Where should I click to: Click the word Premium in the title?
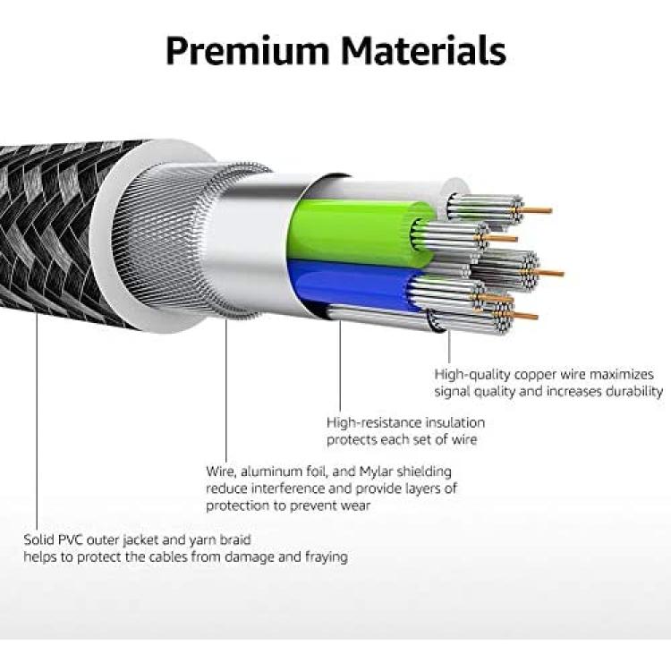coord(248,51)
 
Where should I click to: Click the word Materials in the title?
coord(423,50)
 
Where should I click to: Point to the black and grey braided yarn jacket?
coord(55,231)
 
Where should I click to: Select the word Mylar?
coord(376,471)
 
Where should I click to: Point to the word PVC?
coord(71,540)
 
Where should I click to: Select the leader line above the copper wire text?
coord(449,345)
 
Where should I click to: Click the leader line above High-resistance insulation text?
coord(340,365)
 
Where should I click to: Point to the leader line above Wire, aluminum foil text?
coord(226,389)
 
